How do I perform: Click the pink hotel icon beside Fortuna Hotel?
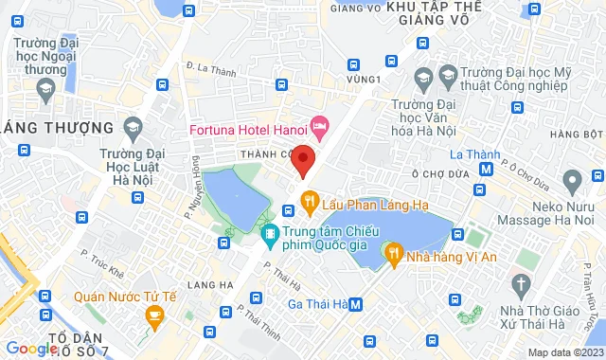pyautogui.click(x=321, y=124)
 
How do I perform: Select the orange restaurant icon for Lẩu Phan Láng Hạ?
pyautogui.click(x=309, y=199)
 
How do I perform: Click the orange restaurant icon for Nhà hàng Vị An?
pyautogui.click(x=393, y=252)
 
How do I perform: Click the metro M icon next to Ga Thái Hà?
pyautogui.click(x=355, y=304)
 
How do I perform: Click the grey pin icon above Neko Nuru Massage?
pyautogui.click(x=571, y=179)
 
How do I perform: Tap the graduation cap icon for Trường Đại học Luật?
pyautogui.click(x=133, y=126)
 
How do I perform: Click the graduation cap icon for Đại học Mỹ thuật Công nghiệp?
pyautogui.click(x=422, y=76)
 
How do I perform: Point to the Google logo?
pyautogui.click(x=31, y=349)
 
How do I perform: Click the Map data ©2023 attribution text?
pyautogui.click(x=563, y=352)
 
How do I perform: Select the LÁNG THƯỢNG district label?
pyautogui.click(x=58, y=128)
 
